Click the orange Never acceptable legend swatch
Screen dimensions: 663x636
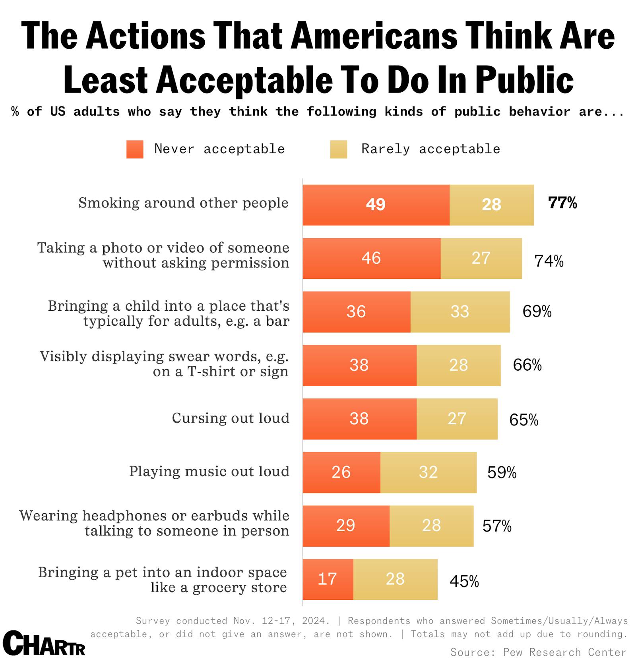pyautogui.click(x=135, y=149)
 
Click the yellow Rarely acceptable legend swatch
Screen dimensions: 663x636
pyautogui.click(x=338, y=149)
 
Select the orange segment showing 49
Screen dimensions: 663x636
pyautogui.click(x=376, y=205)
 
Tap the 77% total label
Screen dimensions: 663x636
pyautogui.click(x=562, y=203)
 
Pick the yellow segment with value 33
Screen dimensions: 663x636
pyautogui.click(x=460, y=312)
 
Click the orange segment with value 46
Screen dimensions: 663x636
pyautogui.click(x=371, y=259)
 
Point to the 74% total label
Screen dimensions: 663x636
pyautogui.click(x=549, y=261)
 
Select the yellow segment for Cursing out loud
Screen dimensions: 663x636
pyautogui.click(x=457, y=419)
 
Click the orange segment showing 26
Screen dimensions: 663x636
pyautogui.click(x=341, y=472)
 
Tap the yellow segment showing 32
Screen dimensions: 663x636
pyautogui.click(x=428, y=472)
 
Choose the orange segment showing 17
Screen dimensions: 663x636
pyautogui.click(x=328, y=579)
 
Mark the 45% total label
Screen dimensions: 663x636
pyautogui.click(x=464, y=582)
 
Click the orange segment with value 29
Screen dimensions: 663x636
pyautogui.click(x=345, y=526)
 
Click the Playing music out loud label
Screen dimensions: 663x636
pyautogui.click(x=209, y=472)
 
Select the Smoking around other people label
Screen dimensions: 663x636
pyautogui.click(x=183, y=203)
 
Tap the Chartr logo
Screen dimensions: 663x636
pyautogui.click(x=44, y=644)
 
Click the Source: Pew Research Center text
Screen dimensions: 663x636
pyautogui.click(x=538, y=652)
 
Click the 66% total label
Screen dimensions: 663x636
pyautogui.click(x=527, y=365)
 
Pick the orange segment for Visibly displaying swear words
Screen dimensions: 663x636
pyautogui.click(x=359, y=365)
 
